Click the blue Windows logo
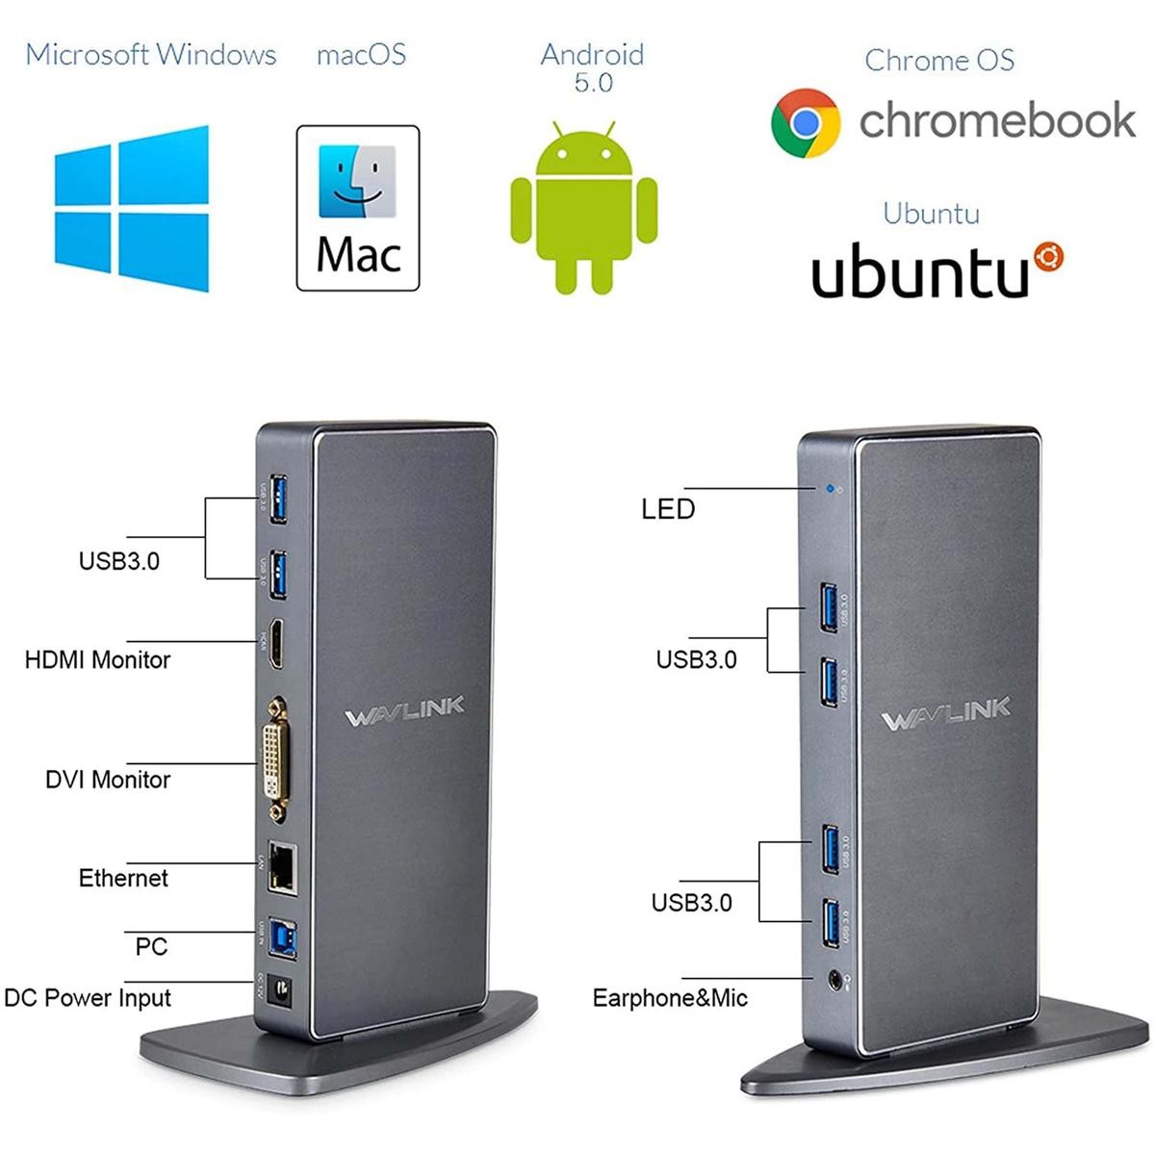click(131, 208)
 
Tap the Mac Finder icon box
click(358, 208)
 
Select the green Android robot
click(583, 208)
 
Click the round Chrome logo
click(806, 123)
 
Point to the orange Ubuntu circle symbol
click(1048, 257)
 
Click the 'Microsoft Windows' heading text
click(151, 55)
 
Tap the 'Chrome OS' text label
click(938, 61)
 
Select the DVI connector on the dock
click(276, 760)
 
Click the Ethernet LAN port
click(282, 865)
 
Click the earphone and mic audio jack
click(835, 981)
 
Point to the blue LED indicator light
click(830, 489)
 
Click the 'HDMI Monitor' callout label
click(97, 660)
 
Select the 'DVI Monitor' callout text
click(108, 780)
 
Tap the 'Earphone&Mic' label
click(670, 998)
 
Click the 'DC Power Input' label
click(88, 998)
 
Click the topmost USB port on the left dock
click(278, 498)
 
